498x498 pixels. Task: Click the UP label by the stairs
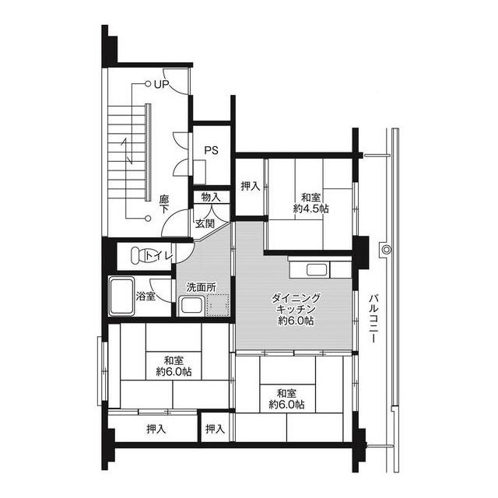pyautogui.click(x=161, y=84)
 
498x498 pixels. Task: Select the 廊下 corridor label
pyautogui.click(x=165, y=205)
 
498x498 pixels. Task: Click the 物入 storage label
pyautogui.click(x=211, y=197)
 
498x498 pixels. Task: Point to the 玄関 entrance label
pyautogui.click(x=205, y=223)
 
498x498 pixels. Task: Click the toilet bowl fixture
pyautogui.click(x=139, y=254)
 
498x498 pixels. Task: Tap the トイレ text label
pyautogui.click(x=160, y=254)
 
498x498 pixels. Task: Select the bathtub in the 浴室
pyautogui.click(x=121, y=296)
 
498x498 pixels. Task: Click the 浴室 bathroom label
pyautogui.click(x=146, y=296)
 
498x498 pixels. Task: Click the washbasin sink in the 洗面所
pyautogui.click(x=191, y=305)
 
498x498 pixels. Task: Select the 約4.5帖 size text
pyautogui.click(x=310, y=209)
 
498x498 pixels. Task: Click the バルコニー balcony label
pyautogui.click(x=374, y=319)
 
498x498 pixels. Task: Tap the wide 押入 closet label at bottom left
pyautogui.click(x=156, y=429)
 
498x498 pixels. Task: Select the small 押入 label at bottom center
pyautogui.click(x=216, y=429)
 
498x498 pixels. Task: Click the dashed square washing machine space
pyautogui.click(x=219, y=304)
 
